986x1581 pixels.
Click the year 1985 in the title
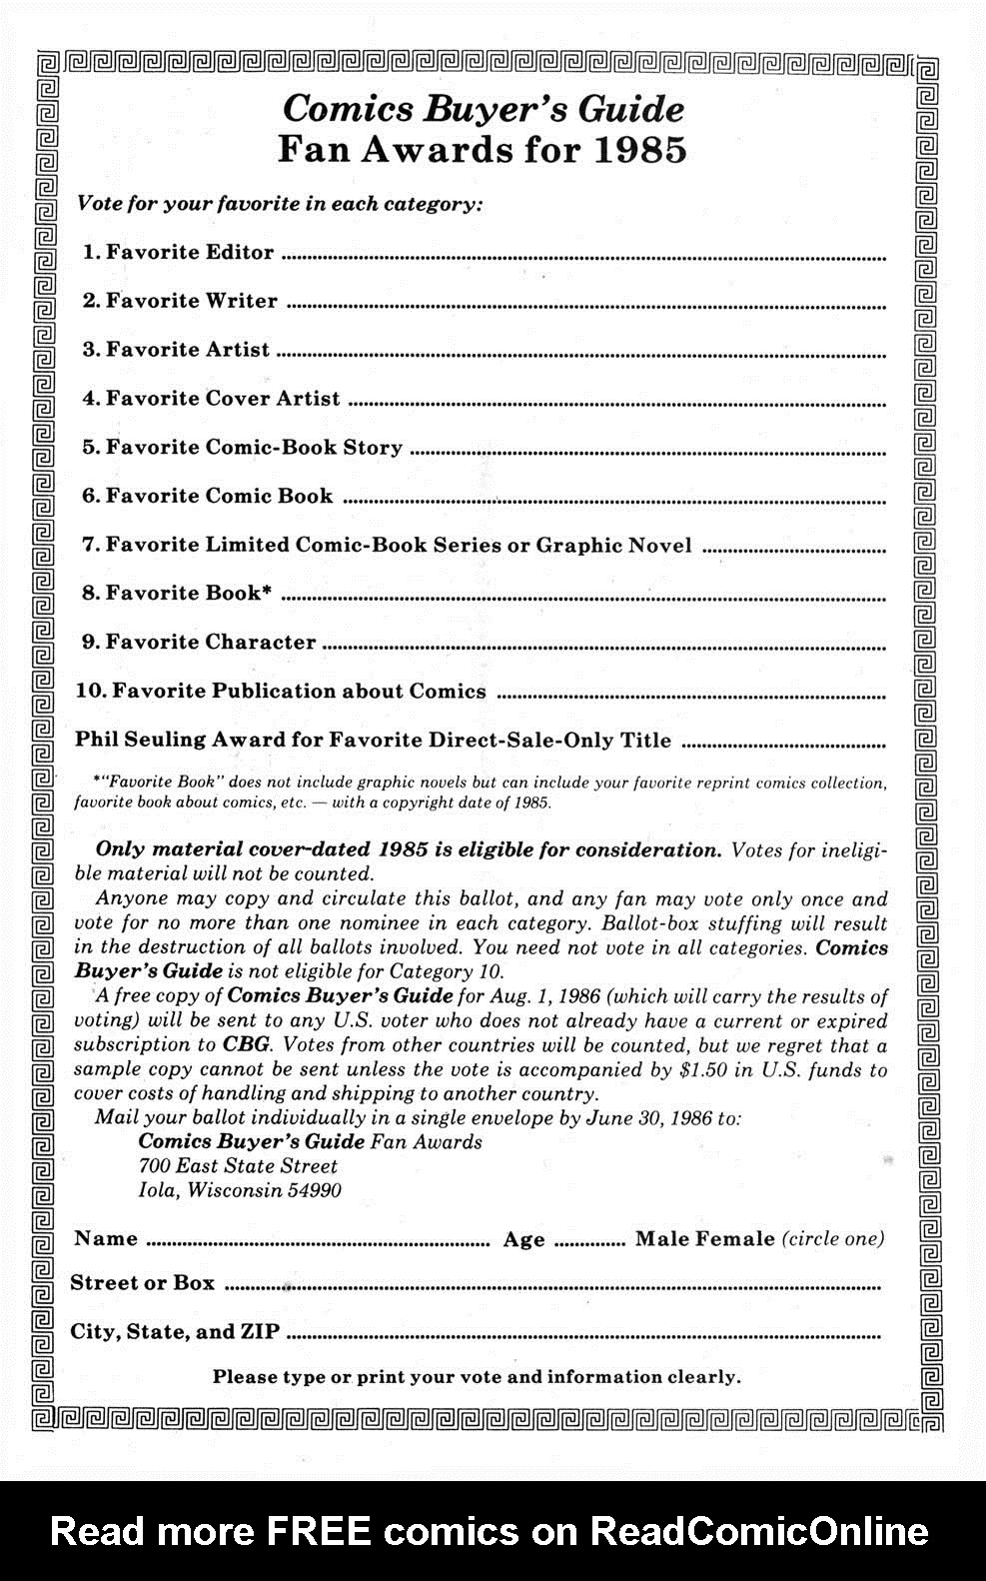(640, 150)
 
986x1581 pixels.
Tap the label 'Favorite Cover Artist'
(223, 399)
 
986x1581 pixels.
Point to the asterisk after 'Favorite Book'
(267, 590)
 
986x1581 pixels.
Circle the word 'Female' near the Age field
(735, 1239)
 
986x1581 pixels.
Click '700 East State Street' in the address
(238, 1166)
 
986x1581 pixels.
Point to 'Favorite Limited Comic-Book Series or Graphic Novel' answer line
(794, 551)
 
